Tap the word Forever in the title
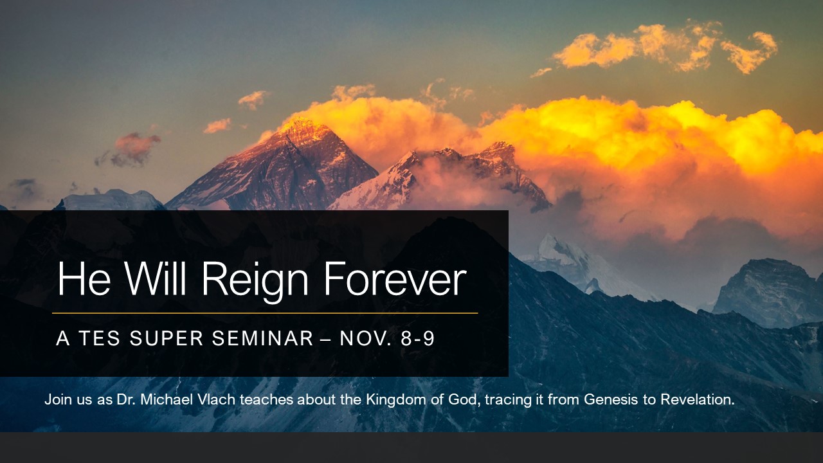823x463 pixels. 395,279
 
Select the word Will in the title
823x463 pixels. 155,278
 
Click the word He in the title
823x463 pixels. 84,278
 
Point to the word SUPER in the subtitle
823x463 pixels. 167,338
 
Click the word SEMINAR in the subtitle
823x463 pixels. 262,338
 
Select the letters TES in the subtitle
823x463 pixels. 100,338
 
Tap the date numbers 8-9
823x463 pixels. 418,338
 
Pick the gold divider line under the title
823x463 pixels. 265,313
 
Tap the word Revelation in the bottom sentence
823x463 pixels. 698,399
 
